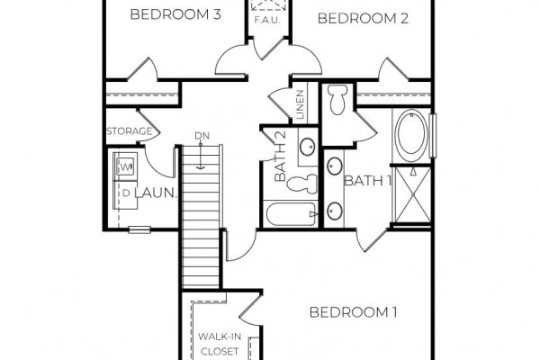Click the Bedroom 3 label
pyautogui.click(x=175, y=14)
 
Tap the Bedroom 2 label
pyautogui.click(x=363, y=18)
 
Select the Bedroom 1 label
pyautogui.click(x=354, y=312)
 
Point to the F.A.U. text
pyautogui.click(x=267, y=20)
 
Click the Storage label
pyautogui.click(x=129, y=131)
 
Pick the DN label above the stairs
pyautogui.click(x=202, y=136)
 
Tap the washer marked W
pyautogui.click(x=126, y=167)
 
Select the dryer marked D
pyautogui.click(x=125, y=194)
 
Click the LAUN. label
pyautogui.click(x=156, y=193)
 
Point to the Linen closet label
pyautogui.click(x=300, y=104)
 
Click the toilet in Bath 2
pyautogui.click(x=302, y=184)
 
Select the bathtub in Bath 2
pyautogui.click(x=292, y=214)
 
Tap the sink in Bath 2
pyautogui.click(x=307, y=147)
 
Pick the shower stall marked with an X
pyautogui.click(x=412, y=195)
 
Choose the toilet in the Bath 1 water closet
pyautogui.click(x=337, y=100)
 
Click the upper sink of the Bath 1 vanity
pyautogui.click(x=334, y=166)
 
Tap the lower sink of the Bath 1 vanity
pyautogui.click(x=334, y=211)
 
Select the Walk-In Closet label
pyautogui.click(x=220, y=344)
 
